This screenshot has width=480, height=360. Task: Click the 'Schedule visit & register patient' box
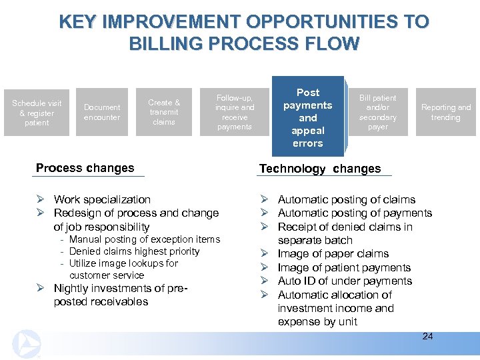pos(37,113)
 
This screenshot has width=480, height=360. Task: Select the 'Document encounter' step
pos(102,112)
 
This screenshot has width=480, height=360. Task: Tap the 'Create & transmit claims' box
pos(164,112)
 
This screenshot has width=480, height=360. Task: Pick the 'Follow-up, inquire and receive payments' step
pos(234,112)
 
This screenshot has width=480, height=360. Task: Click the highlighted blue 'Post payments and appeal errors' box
pos(307,117)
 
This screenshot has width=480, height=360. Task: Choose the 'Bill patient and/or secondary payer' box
pos(377,112)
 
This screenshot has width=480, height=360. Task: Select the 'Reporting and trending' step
pos(445,112)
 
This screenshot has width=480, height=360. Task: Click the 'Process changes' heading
pos(85,168)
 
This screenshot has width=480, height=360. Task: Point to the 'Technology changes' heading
pos(319,169)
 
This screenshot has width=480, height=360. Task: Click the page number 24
pos(427,336)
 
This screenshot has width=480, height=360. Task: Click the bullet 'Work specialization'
pos(102,199)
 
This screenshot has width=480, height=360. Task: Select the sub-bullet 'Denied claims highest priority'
pos(134,251)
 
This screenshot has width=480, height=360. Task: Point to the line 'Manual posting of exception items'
pos(144,239)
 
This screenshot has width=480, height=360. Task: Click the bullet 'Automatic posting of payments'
pos(355,213)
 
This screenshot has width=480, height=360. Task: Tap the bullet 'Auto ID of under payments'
pos(345,281)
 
